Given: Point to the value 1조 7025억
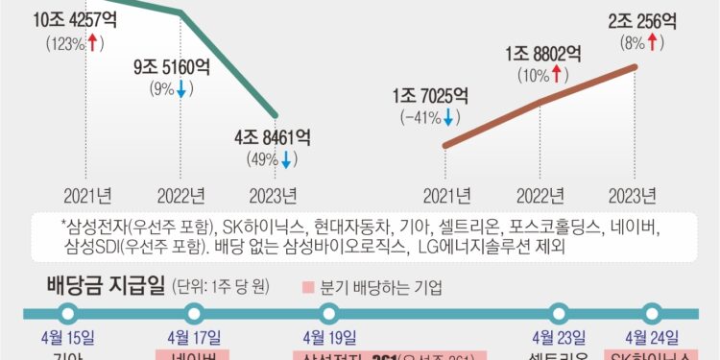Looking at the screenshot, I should click(430, 97).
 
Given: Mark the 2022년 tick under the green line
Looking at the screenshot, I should click(180, 198).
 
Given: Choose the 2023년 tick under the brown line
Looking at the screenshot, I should click(635, 198).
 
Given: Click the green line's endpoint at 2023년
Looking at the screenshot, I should click(276, 114).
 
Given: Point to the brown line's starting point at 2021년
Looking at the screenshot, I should click(444, 147).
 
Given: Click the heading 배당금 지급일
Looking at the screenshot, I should click(106, 284).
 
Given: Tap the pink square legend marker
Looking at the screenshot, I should click(307, 286).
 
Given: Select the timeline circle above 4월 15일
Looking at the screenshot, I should click(68, 312).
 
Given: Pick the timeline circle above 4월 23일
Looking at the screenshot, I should click(559, 312).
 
